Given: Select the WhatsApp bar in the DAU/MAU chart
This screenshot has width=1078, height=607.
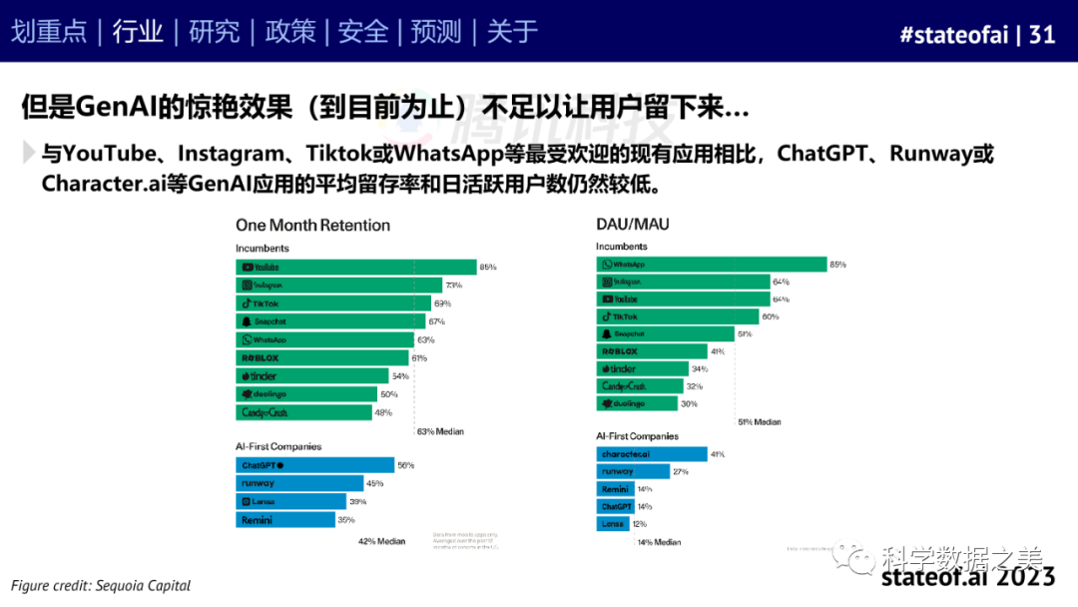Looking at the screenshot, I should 712,265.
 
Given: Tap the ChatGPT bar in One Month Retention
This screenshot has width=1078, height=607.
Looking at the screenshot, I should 314,465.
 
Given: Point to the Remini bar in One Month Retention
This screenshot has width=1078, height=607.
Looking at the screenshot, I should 285,520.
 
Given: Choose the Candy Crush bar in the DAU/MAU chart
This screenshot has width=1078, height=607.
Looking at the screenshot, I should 640,386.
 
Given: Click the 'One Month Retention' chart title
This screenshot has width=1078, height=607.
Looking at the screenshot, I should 312,226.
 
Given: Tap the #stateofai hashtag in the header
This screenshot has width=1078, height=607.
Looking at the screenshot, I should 953,34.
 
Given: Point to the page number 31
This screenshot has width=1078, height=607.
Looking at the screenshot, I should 1042,34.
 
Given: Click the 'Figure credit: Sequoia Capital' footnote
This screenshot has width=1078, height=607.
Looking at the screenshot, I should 101,585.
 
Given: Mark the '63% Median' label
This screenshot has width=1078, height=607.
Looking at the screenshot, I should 439,432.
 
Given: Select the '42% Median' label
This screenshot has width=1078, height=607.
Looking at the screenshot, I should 381,541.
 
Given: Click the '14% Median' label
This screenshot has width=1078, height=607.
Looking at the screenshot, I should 658,542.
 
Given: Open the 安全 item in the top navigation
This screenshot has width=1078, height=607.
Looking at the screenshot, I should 363,32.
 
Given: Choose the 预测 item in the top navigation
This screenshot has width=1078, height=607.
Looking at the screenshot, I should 437,32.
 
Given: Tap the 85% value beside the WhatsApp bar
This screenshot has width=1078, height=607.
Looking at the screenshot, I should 837,265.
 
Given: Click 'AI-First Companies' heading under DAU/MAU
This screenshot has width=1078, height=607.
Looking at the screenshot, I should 637,436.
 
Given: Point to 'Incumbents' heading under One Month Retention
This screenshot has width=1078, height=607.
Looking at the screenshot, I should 263,248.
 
